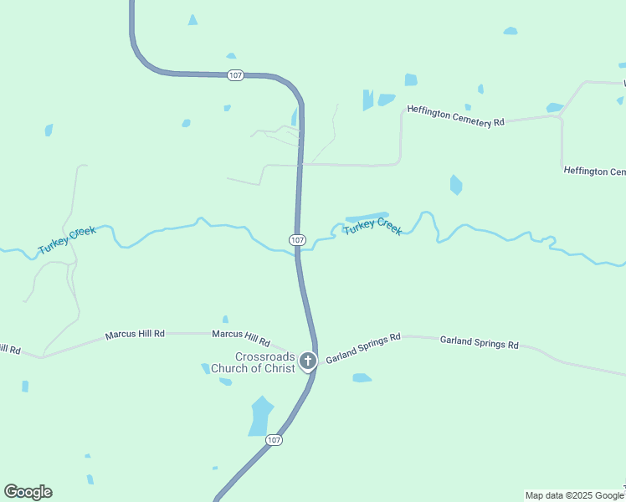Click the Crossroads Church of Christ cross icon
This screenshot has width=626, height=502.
click(x=308, y=361)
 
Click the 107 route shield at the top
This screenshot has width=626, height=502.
click(x=235, y=75)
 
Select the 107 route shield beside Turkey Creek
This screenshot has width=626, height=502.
click(x=297, y=239)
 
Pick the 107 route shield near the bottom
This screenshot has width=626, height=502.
click(x=275, y=439)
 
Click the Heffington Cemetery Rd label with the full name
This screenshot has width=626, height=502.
click(x=455, y=115)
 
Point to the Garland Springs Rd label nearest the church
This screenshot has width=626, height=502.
click(x=363, y=347)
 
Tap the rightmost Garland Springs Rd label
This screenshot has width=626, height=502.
click(x=479, y=343)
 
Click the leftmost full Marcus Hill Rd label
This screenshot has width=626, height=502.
click(x=135, y=335)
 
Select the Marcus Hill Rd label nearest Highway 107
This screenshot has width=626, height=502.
click(x=241, y=338)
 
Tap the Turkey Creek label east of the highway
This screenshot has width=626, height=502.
click(x=372, y=226)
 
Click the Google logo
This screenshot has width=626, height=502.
click(x=28, y=492)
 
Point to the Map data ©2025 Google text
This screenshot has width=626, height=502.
click(x=574, y=495)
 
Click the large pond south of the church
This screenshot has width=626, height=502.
click(x=260, y=416)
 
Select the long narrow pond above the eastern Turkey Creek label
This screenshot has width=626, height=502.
click(x=367, y=217)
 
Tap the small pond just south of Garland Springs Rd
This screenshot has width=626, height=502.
click(x=362, y=378)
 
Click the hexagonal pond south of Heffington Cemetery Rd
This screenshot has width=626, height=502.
click(x=455, y=185)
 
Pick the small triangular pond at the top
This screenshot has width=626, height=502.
click(x=193, y=19)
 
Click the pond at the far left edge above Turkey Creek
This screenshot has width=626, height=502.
click(x=49, y=130)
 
